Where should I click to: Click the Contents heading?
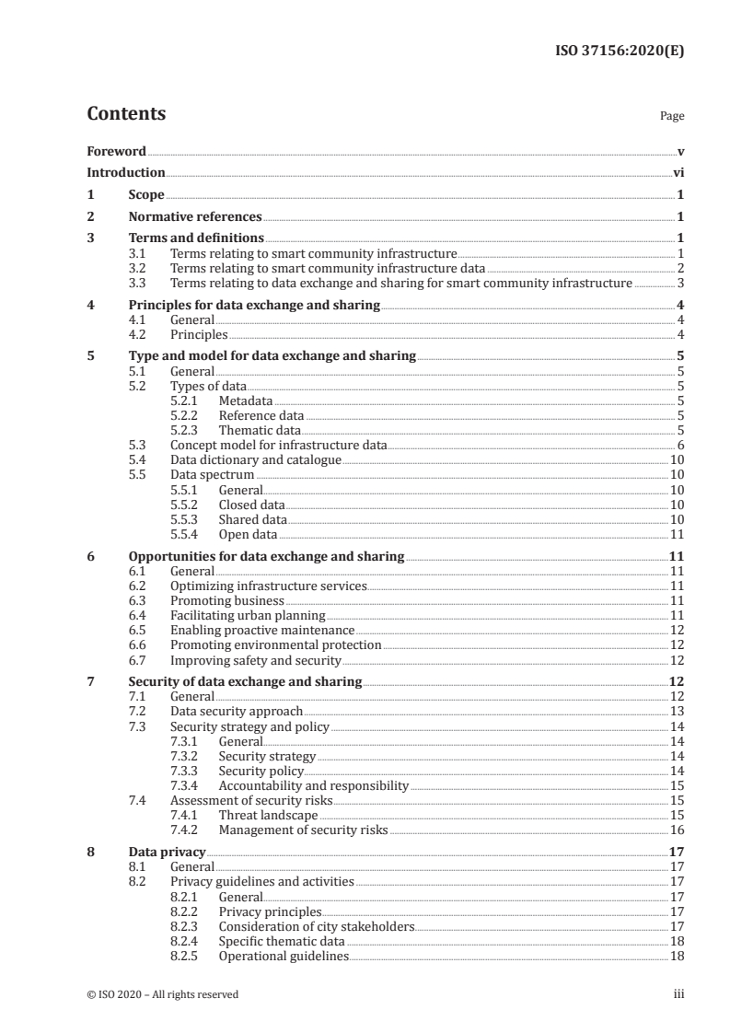pos(126,114)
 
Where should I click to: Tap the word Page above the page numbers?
pos(672,117)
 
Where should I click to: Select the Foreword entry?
pos(116,151)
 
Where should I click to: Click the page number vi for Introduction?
pos(678,172)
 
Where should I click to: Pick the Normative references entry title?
pos(195,217)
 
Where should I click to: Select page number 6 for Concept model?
pos(680,445)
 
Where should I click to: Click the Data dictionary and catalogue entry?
pos(256,459)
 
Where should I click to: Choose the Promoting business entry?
pos(227,600)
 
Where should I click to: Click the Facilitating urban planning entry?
pos(248,615)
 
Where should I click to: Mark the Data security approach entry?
pos(237,711)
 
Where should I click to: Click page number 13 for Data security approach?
pos(677,711)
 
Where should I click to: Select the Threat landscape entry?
pos(268,815)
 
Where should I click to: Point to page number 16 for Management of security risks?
pos(677,830)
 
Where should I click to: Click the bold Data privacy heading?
pos(167,852)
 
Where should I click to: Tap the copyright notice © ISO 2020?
pos(162,994)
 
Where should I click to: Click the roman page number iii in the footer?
pos(678,994)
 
